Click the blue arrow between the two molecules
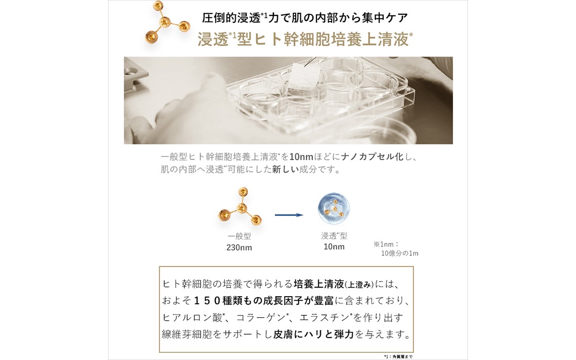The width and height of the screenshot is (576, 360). pos(289,215)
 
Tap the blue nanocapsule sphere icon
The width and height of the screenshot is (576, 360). pos(334,208)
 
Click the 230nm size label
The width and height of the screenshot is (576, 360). pos(239,248)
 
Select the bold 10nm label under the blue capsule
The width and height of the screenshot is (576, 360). pos(334,247)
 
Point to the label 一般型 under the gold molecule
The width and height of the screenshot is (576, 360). pos(239,236)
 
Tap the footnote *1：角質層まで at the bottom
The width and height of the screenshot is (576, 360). pos(398,357)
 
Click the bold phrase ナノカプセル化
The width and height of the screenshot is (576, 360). pos(372,156)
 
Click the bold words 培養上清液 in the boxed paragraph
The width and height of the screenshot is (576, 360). pos(319,284)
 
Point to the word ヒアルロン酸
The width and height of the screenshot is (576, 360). pos(192,318)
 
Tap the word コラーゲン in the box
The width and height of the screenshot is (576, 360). pos(261,318)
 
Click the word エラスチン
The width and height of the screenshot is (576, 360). pos(324,318)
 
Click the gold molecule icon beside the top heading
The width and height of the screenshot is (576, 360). pos(168,22)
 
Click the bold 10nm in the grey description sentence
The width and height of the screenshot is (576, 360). pos(301,156)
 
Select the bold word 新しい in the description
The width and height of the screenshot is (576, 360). pos(286,169)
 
